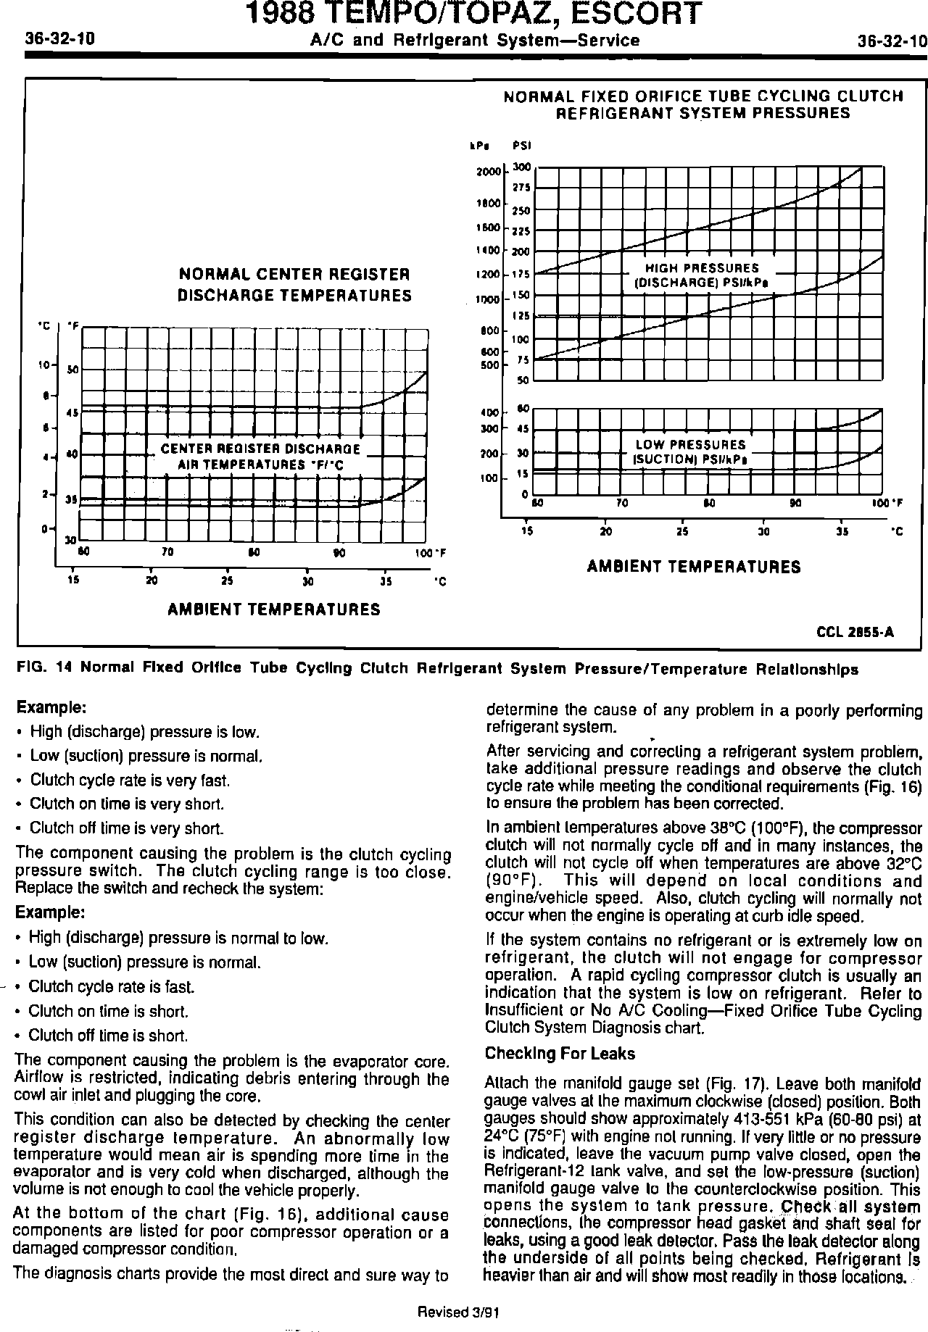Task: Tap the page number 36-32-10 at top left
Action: tap(60, 39)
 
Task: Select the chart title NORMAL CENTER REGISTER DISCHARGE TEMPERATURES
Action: tap(295, 285)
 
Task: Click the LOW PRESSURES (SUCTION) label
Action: tap(690, 452)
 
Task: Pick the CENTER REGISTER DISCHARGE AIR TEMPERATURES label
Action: tap(260, 457)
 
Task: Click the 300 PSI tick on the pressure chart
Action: tap(521, 167)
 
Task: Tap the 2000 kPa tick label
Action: tap(489, 172)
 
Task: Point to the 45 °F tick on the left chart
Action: tap(72, 414)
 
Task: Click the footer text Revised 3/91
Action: tap(458, 1312)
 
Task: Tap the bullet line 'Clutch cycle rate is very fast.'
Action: tap(130, 781)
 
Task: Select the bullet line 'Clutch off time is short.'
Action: tap(108, 1035)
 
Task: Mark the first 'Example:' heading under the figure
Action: tap(51, 707)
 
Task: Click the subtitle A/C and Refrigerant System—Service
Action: tap(475, 41)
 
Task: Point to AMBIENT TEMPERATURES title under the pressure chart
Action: tap(694, 567)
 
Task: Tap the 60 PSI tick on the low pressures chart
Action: tap(522, 408)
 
